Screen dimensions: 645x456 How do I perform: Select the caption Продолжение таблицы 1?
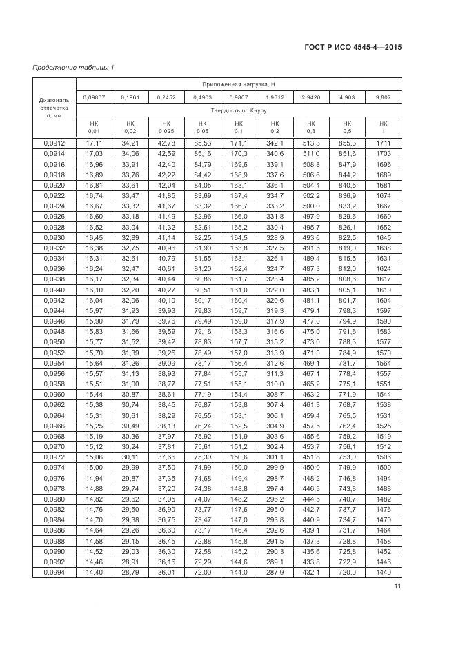74,67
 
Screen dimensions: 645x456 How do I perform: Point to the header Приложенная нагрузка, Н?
238,83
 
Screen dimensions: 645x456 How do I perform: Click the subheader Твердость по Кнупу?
238,110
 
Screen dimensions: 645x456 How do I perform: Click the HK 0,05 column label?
202,127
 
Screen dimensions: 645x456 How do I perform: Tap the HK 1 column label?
383,127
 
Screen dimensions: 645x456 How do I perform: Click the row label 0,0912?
52,143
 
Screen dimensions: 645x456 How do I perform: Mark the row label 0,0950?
52,342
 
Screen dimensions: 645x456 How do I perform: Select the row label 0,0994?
52,573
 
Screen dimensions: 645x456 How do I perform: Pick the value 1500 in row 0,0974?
383,468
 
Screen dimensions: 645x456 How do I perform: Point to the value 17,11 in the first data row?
94,143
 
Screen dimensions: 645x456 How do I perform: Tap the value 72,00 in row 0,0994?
202,573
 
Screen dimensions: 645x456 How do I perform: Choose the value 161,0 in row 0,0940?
238,290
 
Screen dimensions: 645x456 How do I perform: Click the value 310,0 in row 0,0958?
274,384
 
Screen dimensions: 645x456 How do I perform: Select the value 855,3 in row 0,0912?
346,143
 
